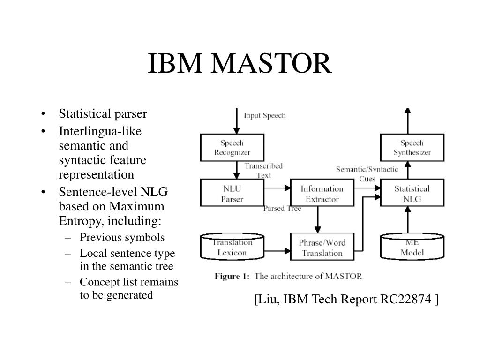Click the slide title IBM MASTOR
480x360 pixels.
(240, 63)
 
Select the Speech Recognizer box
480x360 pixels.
(232, 148)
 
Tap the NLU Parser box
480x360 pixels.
(232, 193)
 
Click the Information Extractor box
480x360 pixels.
(322, 193)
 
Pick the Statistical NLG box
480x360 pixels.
(412, 193)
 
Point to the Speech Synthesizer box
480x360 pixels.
(412, 148)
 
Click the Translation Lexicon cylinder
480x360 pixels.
(232, 247)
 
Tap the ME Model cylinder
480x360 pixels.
(412, 247)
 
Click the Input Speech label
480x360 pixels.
(264, 115)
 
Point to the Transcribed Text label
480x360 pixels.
(263, 171)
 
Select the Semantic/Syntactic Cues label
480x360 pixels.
(367, 174)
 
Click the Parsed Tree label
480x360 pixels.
(282, 209)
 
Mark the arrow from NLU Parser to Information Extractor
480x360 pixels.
(277, 188)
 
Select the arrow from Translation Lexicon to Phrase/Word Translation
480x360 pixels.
(277, 251)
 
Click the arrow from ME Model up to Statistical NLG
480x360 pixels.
(408, 220)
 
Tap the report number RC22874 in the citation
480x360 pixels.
(405, 299)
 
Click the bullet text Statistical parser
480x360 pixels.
(103, 113)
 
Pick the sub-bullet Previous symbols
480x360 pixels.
(122, 237)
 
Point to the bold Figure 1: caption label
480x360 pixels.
(232, 276)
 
